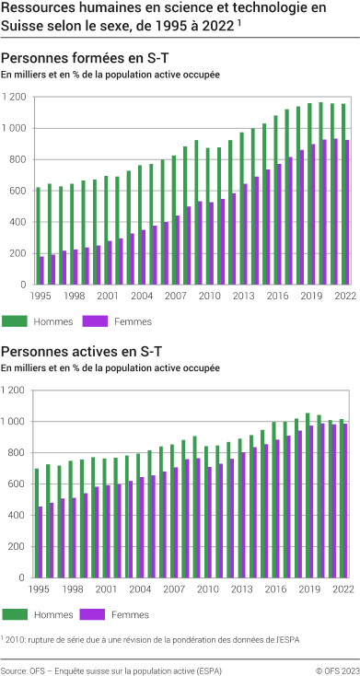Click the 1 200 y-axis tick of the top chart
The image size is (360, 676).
[13, 96]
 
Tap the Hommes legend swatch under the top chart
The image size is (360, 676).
[15, 321]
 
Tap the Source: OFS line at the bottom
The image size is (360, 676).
[111, 670]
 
